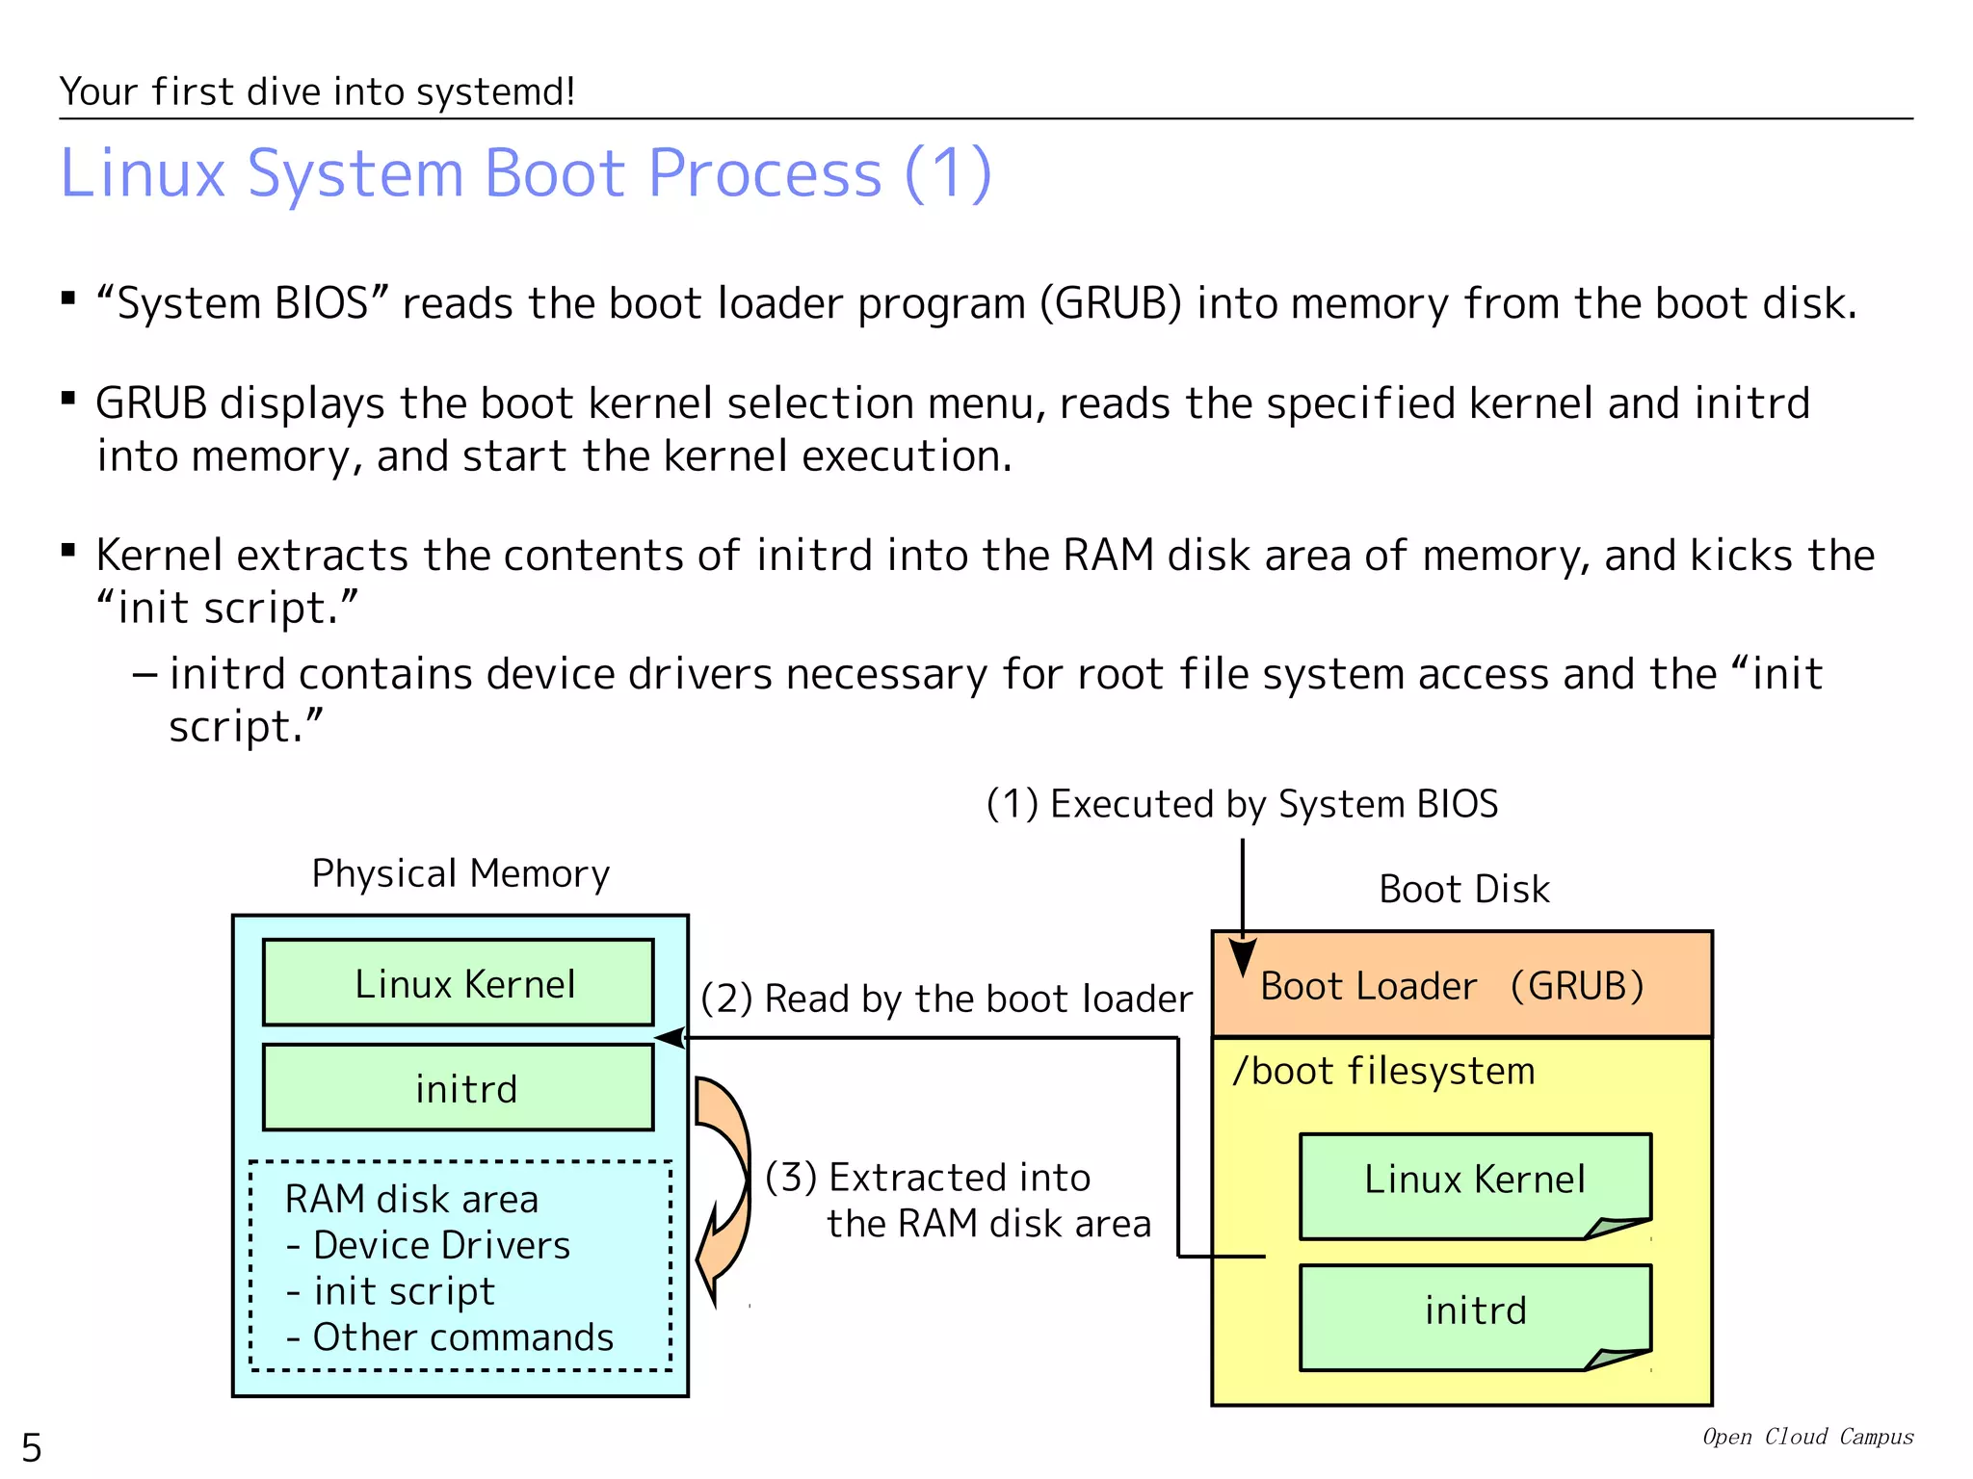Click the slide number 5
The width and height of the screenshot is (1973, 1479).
coord(32,1447)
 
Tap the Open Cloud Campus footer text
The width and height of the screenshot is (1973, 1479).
coord(1807,1437)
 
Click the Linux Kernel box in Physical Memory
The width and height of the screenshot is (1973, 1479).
coord(459,983)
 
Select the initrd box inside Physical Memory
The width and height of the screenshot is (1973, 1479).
coord(459,1088)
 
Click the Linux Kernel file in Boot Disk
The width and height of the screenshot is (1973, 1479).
coord(1474,1181)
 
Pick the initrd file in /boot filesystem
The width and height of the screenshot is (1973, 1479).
coord(1474,1311)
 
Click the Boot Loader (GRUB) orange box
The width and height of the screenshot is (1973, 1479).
coord(1460,985)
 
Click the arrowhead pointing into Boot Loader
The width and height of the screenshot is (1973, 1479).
coord(1243,957)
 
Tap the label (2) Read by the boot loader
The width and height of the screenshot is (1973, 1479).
coord(946,999)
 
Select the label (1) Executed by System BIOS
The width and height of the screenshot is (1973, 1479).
coord(1242,804)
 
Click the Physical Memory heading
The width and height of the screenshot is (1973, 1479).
coord(460,874)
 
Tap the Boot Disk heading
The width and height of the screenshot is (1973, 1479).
coord(1463,889)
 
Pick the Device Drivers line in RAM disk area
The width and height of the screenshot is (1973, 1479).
coord(429,1246)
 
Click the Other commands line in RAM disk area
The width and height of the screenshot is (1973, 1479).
coord(450,1337)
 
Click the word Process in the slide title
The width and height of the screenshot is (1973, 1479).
coord(765,174)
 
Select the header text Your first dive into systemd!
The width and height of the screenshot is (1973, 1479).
coord(317,92)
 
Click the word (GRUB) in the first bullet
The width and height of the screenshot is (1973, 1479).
coord(1110,304)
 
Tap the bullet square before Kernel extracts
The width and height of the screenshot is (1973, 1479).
coord(68,551)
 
